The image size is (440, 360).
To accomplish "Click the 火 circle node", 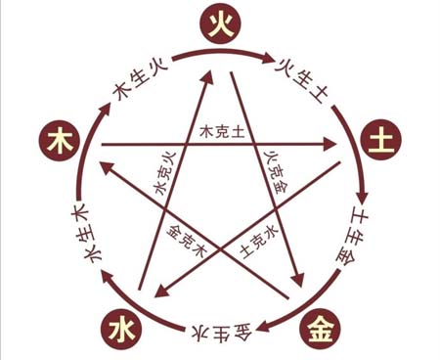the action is [x=221, y=22].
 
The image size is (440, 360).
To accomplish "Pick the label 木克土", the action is [x=220, y=130].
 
